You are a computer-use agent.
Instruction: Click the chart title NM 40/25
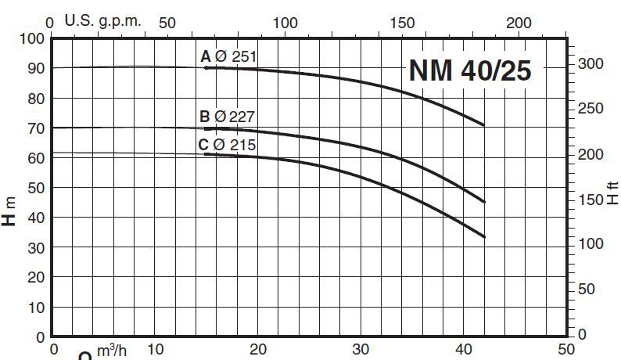tap(470, 70)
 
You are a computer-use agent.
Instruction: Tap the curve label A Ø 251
tap(228, 56)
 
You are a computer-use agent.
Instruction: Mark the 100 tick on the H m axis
tap(28, 38)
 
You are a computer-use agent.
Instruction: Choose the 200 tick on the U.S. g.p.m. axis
tap(520, 23)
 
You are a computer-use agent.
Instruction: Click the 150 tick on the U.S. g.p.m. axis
tap(403, 23)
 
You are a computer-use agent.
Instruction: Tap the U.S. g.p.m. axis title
tap(103, 21)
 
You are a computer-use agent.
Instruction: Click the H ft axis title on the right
tap(612, 192)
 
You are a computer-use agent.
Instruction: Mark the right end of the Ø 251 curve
tap(484, 125)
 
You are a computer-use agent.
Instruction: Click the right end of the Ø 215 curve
tap(485, 236)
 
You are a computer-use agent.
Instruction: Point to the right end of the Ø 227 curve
tap(485, 202)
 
